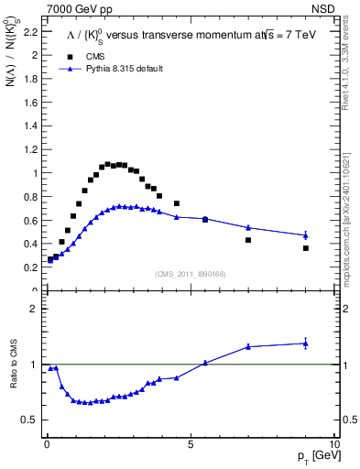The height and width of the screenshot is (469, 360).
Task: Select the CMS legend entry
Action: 82,56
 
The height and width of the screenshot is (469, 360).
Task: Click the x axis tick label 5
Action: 190,443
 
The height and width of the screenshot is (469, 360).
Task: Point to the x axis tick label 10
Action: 333,443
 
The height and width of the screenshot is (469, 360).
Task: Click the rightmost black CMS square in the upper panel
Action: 306,248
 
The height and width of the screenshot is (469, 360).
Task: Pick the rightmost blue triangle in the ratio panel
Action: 306,344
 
